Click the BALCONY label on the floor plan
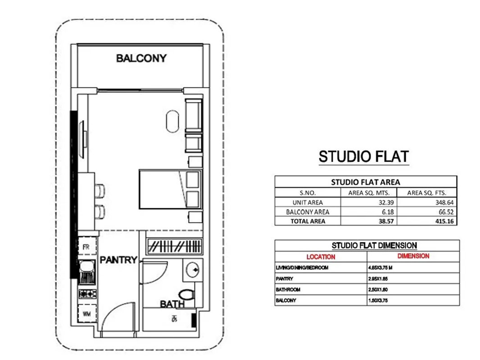[x=141, y=58]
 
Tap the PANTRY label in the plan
[x=118, y=260]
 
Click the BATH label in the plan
[x=172, y=305]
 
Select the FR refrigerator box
[x=86, y=247]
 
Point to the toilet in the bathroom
[x=188, y=295]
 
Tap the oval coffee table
[x=173, y=121]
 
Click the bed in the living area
[x=162, y=189]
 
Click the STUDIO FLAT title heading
[x=364, y=157]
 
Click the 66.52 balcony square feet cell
[x=427, y=212]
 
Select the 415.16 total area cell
[x=427, y=221]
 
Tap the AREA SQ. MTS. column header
[x=370, y=193]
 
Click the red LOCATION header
[x=321, y=257]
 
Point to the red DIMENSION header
[x=413, y=256]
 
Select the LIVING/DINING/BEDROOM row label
[x=302, y=268]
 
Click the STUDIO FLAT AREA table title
[x=365, y=182]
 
